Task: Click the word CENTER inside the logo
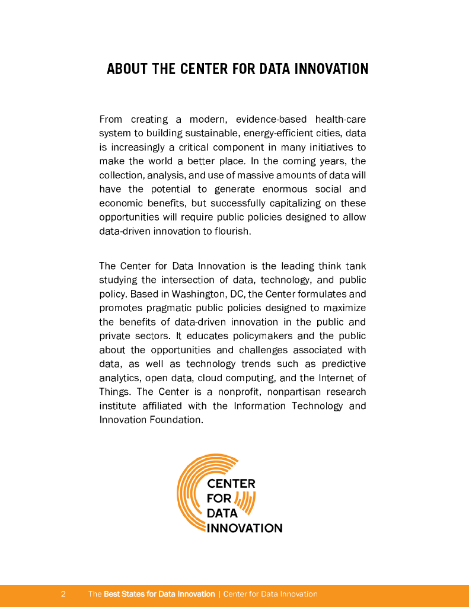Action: [x=231, y=484]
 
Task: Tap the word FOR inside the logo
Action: [x=218, y=499]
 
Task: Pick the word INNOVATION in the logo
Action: [x=244, y=528]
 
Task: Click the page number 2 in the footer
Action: [x=63, y=594]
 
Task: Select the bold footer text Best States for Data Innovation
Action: [x=159, y=594]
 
